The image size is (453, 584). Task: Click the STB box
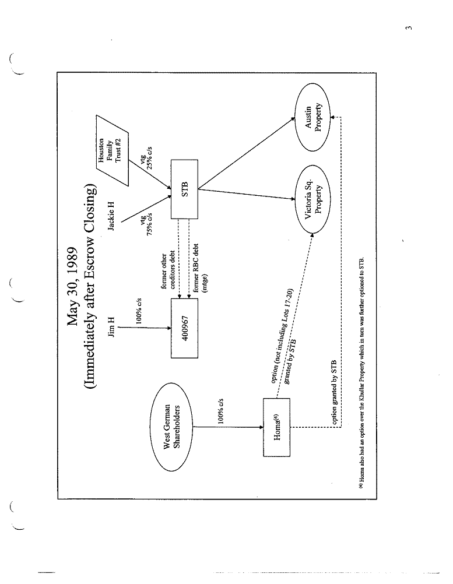184,189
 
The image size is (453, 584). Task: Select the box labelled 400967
184,327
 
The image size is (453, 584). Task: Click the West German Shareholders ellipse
175,427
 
